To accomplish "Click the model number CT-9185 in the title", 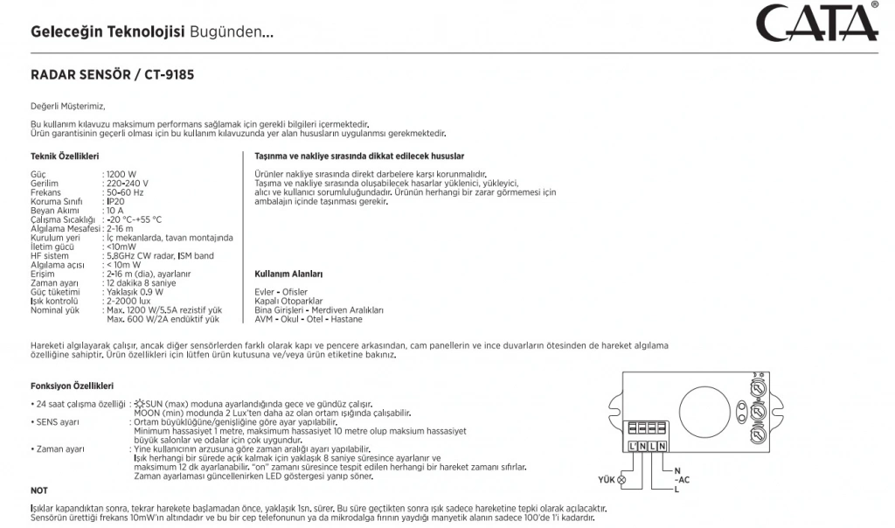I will click(165, 75).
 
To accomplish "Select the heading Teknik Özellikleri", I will click(65, 156).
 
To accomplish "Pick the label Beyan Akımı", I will click(56, 211).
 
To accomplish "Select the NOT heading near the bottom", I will click(39, 491).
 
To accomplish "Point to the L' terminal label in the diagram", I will click(633, 448).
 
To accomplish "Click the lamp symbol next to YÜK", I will click(622, 481).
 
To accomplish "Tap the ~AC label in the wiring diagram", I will click(682, 480).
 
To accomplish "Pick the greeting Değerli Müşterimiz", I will click(67, 106).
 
